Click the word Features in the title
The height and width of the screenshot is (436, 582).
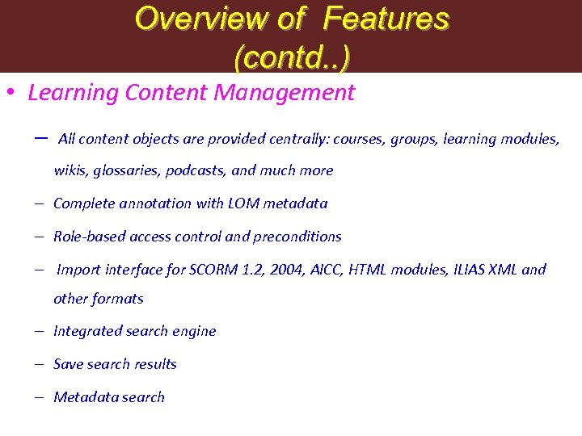tap(394, 19)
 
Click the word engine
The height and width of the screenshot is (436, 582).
tap(194, 332)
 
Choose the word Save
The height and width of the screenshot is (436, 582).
tap(68, 364)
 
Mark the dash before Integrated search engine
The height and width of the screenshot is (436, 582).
tap(39, 332)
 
